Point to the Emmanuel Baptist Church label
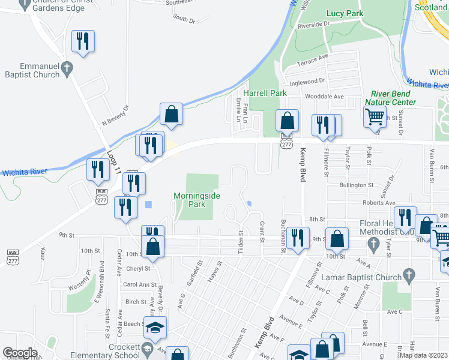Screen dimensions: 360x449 point(31,70)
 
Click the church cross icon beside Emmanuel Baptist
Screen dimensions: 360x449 point(66,67)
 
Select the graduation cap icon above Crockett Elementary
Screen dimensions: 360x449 point(155,328)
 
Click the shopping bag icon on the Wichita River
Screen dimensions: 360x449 point(171,114)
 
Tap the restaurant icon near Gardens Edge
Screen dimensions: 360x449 point(83,41)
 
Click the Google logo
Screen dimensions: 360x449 point(20,353)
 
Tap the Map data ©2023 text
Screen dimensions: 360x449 point(423,355)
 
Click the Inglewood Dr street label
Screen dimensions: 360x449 point(307,81)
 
